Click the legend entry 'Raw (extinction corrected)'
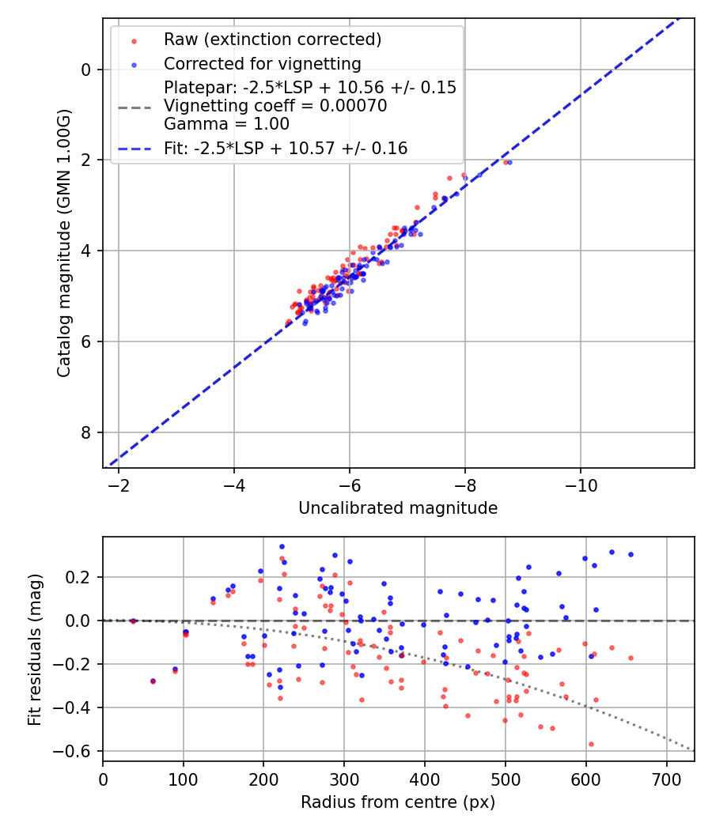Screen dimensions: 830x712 coord(272,40)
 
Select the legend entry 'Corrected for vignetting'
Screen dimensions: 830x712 coord(262,64)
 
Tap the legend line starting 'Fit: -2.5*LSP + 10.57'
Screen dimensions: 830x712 coord(286,148)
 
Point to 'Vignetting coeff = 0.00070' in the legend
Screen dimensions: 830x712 coord(275,106)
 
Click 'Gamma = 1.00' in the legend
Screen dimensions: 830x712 coord(226,124)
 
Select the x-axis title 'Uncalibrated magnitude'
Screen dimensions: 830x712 coord(398,508)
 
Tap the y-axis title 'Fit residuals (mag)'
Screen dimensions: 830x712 coord(35,649)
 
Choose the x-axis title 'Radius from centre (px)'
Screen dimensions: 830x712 coord(398,802)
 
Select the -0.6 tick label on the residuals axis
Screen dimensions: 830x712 coord(78,751)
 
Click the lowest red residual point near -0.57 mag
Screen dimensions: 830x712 coord(590,744)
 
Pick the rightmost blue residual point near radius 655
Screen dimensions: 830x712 coord(631,554)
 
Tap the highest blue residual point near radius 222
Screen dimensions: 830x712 coord(282,546)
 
